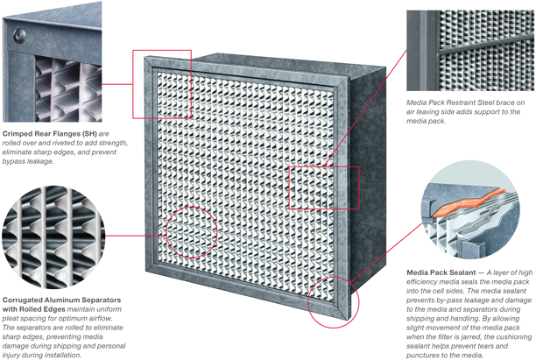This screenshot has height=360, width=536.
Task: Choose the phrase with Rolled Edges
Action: (36, 286)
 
